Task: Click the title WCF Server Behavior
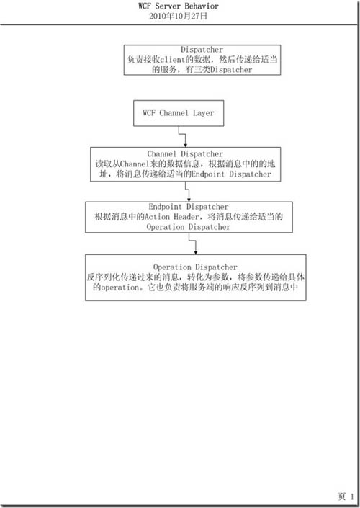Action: coord(179,6)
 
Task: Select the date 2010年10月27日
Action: coord(178,16)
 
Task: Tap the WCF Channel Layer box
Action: coord(179,113)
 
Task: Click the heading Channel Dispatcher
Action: coord(185,153)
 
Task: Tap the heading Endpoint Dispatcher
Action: coord(189,206)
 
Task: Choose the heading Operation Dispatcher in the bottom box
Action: coord(195,267)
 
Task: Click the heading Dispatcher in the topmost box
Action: coord(202,50)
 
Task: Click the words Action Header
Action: coord(171,216)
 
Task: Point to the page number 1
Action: coord(352,496)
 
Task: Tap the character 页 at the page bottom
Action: coord(342,496)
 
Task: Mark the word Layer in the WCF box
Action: coord(204,112)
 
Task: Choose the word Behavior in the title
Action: coord(202,6)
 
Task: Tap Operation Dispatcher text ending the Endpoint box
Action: coord(189,227)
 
